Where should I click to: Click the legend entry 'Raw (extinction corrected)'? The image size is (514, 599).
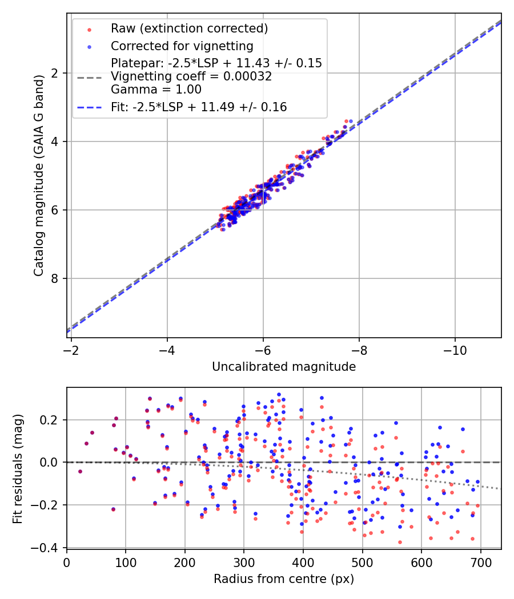[x=189, y=29]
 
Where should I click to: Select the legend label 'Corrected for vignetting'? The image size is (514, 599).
[x=182, y=46]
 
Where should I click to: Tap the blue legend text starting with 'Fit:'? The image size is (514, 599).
[x=199, y=107]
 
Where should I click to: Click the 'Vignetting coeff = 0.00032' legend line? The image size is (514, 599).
[x=191, y=76]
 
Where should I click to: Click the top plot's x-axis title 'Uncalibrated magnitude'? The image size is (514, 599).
[x=284, y=367]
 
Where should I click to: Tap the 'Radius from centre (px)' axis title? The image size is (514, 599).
[x=284, y=579]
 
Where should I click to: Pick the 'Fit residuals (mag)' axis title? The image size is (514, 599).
[x=18, y=468]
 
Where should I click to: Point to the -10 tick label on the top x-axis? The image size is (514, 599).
[x=455, y=347]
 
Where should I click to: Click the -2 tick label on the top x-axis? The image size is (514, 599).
[x=71, y=347]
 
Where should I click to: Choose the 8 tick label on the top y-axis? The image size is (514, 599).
[x=55, y=278]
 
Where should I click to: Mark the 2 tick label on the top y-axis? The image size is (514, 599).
[x=55, y=73]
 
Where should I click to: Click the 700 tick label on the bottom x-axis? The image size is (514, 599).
[x=480, y=562]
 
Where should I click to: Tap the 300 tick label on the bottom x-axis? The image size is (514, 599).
[x=244, y=562]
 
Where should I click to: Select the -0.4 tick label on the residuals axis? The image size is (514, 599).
[x=49, y=548]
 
